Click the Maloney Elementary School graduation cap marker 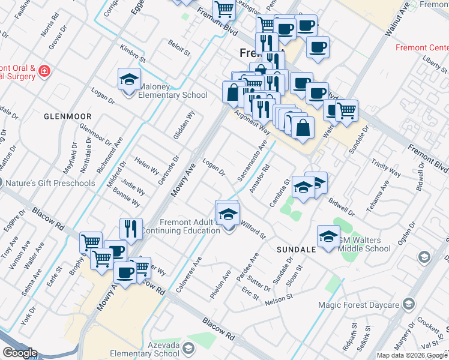tap(129, 79)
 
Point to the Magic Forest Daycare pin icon tap(409, 304)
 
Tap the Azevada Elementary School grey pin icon tap(188, 348)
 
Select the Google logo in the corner tap(20, 353)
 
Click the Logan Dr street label tap(214, 167)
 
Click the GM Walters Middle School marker tap(328, 236)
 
